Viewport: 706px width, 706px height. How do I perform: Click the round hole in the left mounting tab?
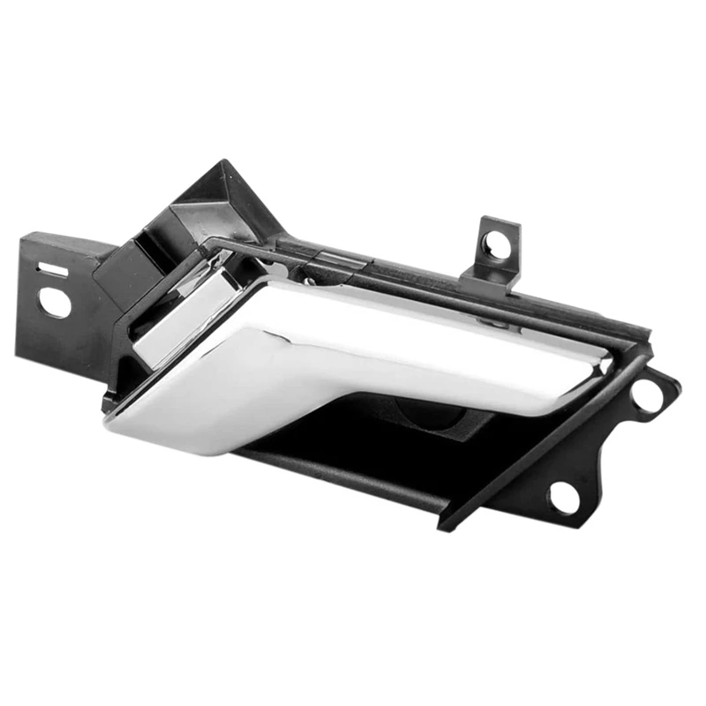pos(55,303)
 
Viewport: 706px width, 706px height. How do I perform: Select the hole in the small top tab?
pos(497,246)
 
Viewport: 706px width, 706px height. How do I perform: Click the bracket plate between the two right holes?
pos(609,450)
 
